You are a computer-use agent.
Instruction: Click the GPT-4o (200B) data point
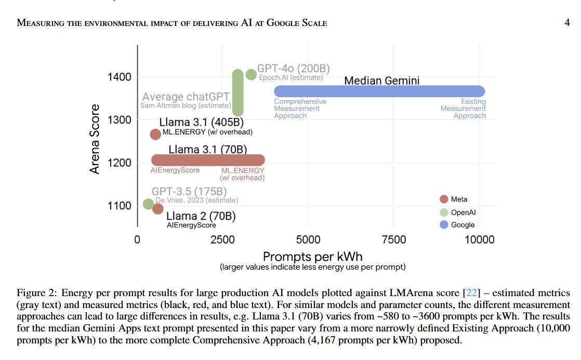251,74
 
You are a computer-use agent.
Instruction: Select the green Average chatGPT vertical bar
237,92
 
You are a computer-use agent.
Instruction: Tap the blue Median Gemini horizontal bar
379,91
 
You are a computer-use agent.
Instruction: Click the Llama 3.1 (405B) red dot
155,134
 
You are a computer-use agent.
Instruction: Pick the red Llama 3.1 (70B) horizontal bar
208,160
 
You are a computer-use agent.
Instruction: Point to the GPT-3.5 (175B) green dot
148,204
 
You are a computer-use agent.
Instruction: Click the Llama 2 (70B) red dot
158,209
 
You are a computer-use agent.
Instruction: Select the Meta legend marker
443,199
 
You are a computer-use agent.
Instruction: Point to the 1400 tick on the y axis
120,77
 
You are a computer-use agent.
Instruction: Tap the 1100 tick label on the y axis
120,206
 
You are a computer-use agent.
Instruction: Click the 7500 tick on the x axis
394,240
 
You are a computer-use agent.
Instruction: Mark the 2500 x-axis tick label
223,240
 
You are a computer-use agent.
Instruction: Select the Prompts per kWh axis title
312,257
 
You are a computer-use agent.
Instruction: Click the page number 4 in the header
567,23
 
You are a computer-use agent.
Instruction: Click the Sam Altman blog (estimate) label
186,105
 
